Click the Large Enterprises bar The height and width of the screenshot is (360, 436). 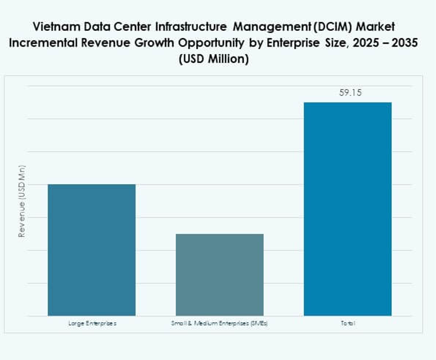coord(91,250)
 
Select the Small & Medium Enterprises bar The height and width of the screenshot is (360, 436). coord(220,274)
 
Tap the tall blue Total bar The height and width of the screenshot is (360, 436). coord(347,209)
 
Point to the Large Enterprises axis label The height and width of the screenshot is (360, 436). coord(92,324)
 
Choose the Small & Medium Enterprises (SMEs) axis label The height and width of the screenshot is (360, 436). coord(220,324)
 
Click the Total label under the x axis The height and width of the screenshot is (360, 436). coord(347,324)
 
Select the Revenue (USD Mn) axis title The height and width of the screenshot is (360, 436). coord(22,201)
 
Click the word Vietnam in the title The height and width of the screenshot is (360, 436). coord(55,26)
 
